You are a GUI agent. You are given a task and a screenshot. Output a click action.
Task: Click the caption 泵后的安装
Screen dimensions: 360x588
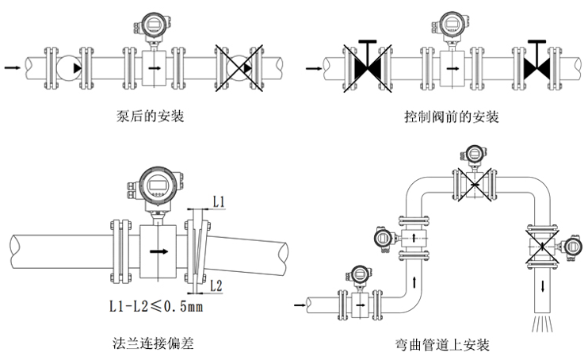tap(150, 117)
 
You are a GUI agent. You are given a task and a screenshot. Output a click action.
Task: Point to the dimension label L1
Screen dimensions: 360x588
tap(220, 203)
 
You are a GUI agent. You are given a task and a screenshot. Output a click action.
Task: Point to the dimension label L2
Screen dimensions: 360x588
tap(220, 283)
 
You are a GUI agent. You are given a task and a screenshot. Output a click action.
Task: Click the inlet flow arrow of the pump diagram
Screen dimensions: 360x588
tap(13, 68)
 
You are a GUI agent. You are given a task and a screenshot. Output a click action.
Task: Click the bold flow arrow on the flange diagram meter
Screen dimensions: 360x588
tap(158, 251)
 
